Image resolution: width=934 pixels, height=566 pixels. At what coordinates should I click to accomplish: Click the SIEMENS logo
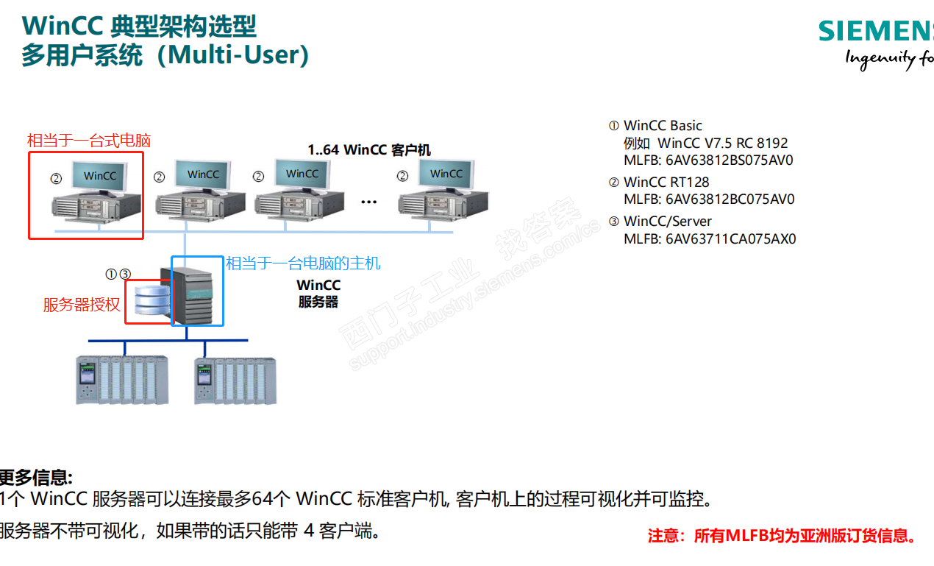pyautogui.click(x=875, y=31)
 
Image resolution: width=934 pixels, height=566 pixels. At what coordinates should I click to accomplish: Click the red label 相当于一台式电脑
pyautogui.click(x=89, y=140)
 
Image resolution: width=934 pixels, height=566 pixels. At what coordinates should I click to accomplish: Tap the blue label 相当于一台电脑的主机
pyautogui.click(x=303, y=263)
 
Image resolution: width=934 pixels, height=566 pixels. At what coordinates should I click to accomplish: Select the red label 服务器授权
pyautogui.click(x=82, y=305)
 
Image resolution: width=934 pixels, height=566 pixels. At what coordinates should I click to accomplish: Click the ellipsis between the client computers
pyautogui.click(x=369, y=202)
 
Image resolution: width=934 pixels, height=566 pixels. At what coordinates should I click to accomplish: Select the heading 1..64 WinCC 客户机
pyautogui.click(x=369, y=150)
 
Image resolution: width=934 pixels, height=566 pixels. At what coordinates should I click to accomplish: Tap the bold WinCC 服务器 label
pyautogui.click(x=318, y=293)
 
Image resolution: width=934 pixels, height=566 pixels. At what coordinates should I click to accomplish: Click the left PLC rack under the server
pyautogui.click(x=122, y=379)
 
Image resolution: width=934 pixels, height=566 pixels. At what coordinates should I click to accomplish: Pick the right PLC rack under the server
pyautogui.click(x=235, y=380)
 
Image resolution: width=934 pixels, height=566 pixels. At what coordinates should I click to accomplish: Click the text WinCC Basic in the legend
pyautogui.click(x=663, y=126)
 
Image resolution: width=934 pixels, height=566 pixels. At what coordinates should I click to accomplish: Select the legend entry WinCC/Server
pyautogui.click(x=667, y=221)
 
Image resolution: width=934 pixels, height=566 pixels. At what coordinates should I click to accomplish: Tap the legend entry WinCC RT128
pyautogui.click(x=666, y=182)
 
